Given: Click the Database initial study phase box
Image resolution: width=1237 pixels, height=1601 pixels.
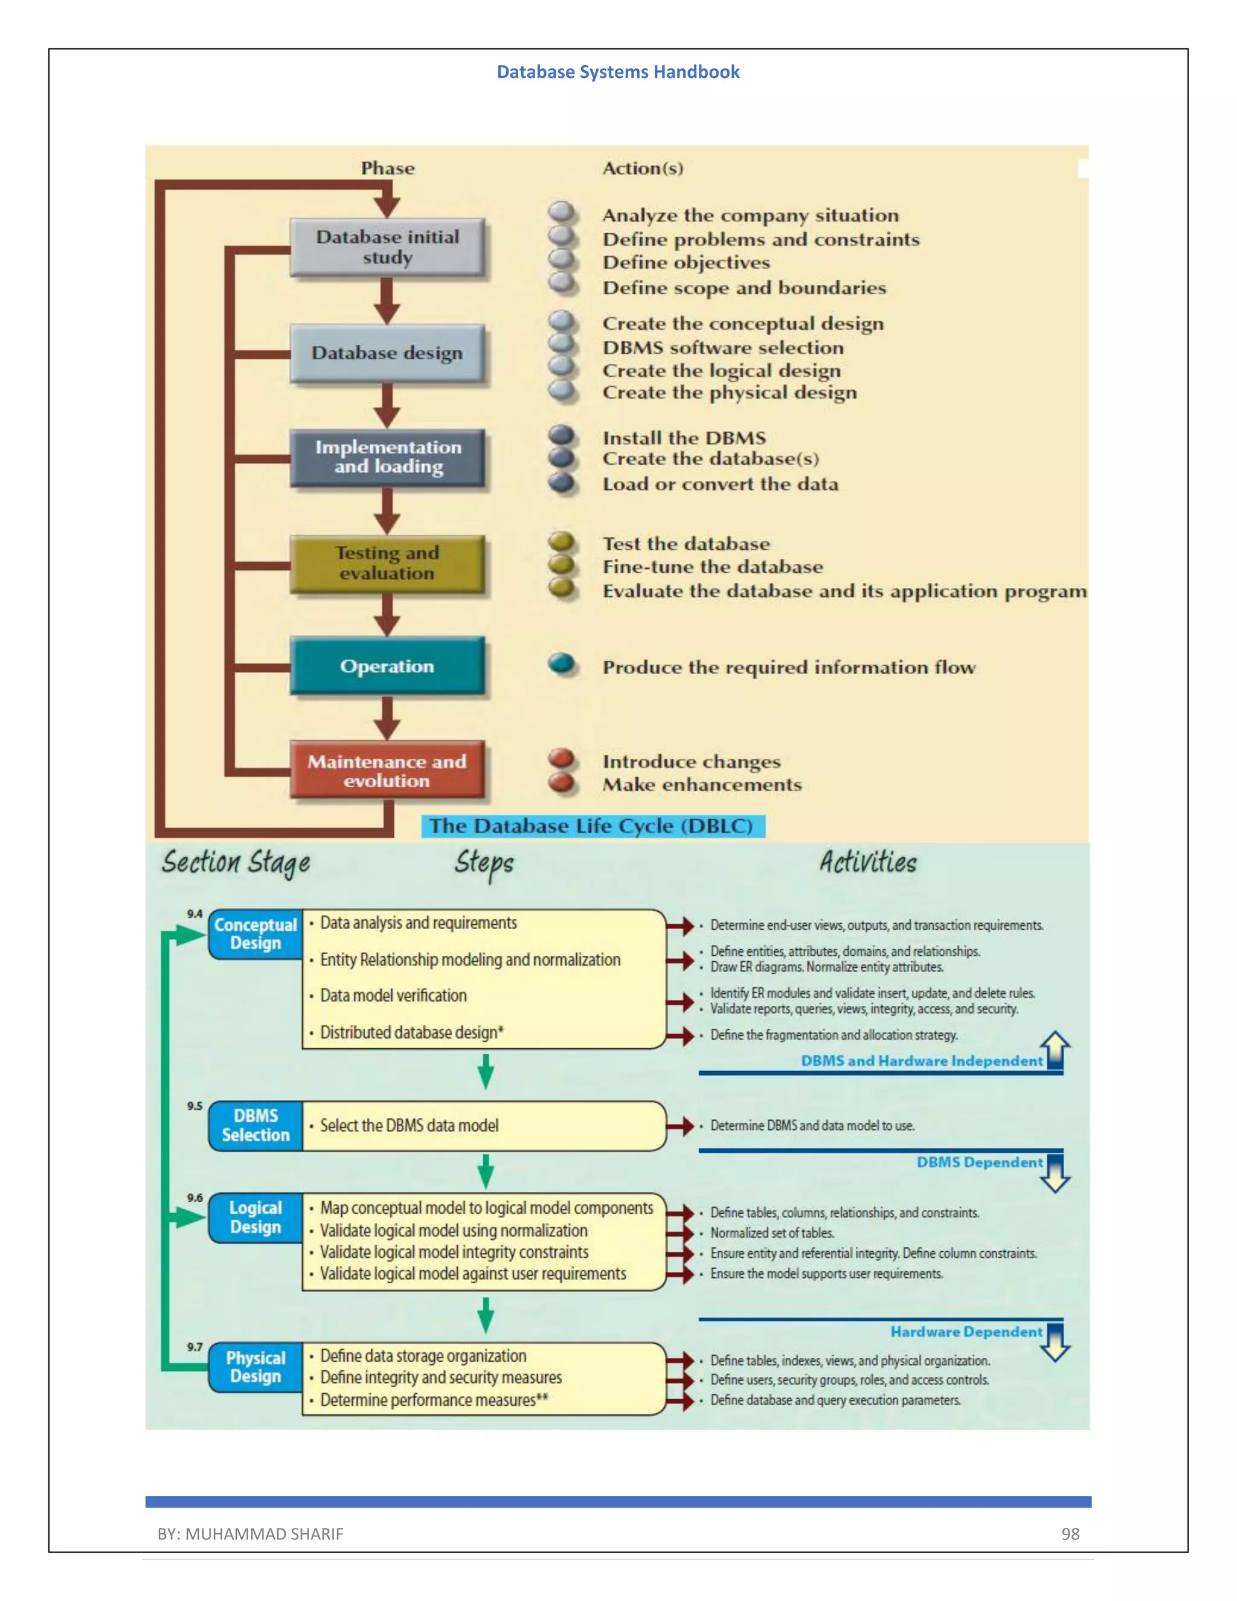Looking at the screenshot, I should [387, 247].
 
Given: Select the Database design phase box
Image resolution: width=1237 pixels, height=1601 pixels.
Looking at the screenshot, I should [387, 353].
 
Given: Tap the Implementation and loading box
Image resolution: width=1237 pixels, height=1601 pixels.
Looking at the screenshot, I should [387, 457].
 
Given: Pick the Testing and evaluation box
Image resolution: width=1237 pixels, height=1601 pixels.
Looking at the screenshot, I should [387, 563].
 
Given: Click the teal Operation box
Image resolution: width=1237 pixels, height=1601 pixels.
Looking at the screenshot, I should [387, 666].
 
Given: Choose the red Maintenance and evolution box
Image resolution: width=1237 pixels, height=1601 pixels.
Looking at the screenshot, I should [387, 770].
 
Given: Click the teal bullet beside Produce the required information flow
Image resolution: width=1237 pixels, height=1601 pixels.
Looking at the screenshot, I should [562, 663].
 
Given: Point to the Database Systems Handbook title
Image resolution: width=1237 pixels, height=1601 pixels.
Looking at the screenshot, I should [618, 72].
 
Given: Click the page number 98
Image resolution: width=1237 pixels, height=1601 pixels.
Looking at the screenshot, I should [1070, 1533].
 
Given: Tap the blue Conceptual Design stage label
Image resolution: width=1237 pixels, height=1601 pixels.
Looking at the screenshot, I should [255, 934].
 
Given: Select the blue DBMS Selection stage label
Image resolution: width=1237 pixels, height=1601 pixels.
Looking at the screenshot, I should [255, 1126].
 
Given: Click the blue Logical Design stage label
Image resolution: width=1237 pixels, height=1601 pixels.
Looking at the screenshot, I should [255, 1217].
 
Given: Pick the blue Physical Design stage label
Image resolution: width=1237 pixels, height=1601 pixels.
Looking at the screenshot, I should [255, 1367].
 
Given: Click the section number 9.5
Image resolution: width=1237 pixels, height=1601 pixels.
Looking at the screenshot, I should [194, 1106].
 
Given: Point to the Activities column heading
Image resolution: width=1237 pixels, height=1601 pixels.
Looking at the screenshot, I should [868, 862].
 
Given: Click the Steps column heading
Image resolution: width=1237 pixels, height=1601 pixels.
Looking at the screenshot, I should [484, 863].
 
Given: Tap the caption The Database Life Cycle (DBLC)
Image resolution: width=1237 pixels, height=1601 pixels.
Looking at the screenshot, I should [592, 826].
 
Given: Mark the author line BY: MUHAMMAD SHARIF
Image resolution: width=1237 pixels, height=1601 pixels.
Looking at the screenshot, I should [250, 1533].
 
